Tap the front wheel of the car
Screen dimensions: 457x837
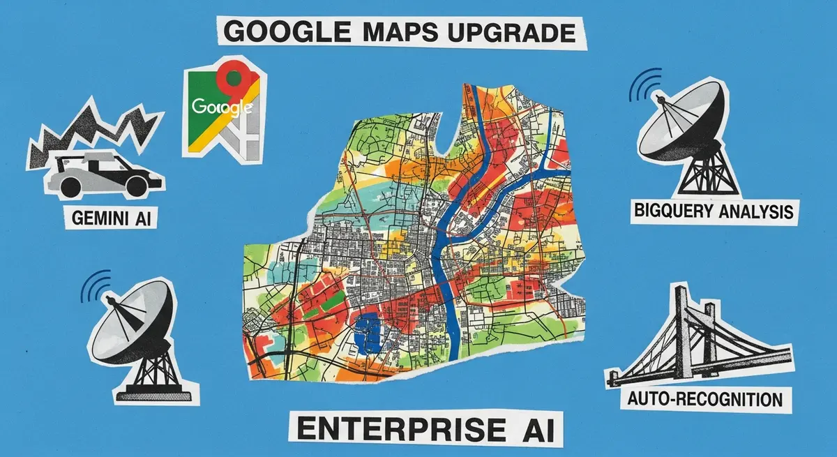[x=70, y=186]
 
